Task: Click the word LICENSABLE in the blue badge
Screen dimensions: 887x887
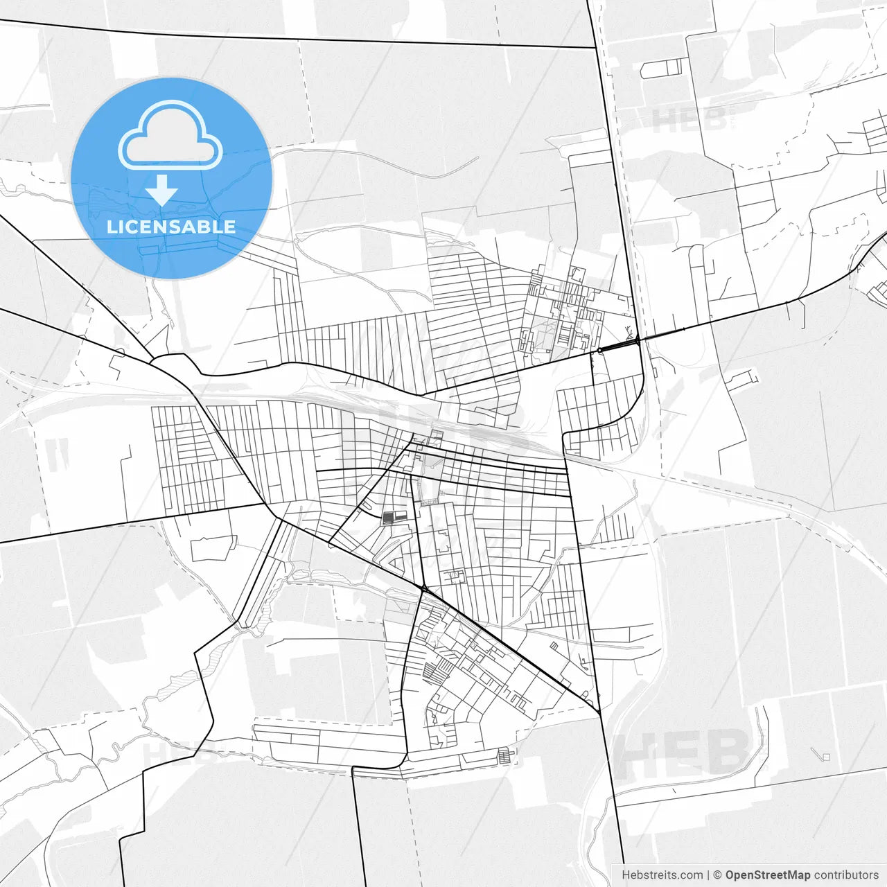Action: click(171, 227)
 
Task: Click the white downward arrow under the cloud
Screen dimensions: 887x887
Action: click(162, 190)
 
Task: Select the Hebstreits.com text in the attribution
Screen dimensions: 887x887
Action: click(662, 875)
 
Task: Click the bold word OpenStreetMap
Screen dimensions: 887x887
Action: click(767, 875)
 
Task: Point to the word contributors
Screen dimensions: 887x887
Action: click(846, 875)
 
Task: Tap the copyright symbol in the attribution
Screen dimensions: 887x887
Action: click(718, 875)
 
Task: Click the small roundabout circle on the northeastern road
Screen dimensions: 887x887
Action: click(599, 351)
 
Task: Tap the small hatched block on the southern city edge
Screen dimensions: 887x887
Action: click(507, 755)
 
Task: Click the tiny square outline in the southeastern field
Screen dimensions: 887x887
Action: click(825, 756)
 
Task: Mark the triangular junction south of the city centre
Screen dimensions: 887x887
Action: click(423, 588)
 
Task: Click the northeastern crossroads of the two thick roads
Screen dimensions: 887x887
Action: click(638, 340)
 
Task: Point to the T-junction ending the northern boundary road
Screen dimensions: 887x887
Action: click(596, 48)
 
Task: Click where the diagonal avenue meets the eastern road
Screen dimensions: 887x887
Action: click(597, 710)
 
